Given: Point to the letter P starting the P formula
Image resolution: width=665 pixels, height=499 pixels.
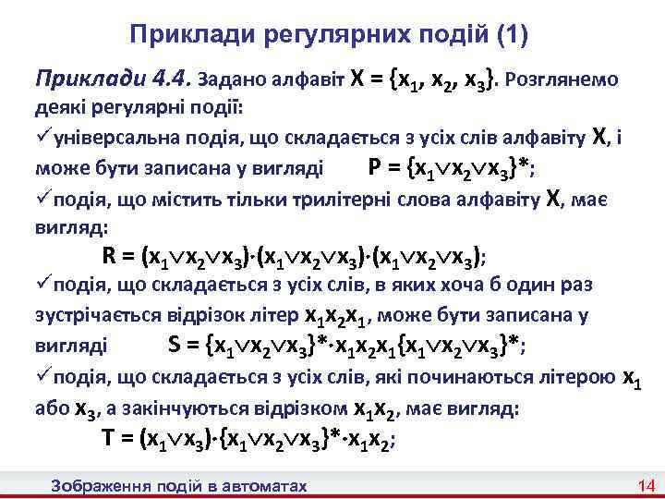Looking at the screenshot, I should click(374, 167).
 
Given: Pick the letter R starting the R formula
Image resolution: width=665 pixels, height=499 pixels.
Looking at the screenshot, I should click(108, 256).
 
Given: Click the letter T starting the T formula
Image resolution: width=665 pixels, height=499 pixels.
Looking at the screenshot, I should click(107, 438).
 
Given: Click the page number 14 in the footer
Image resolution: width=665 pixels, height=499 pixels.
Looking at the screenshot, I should click(645, 486).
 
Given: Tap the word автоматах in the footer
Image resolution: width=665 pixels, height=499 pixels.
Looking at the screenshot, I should click(260, 486).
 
